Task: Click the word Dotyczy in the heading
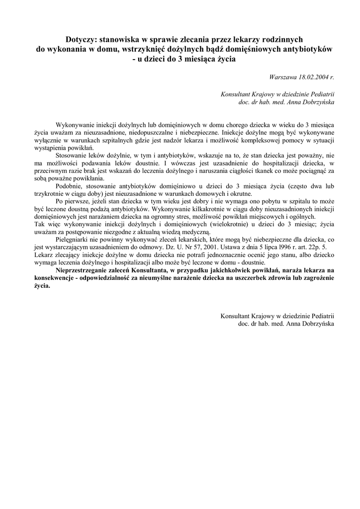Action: tap(83, 39)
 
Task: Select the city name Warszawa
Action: tap(283, 77)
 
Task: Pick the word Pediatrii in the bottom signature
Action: tap(319, 316)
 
